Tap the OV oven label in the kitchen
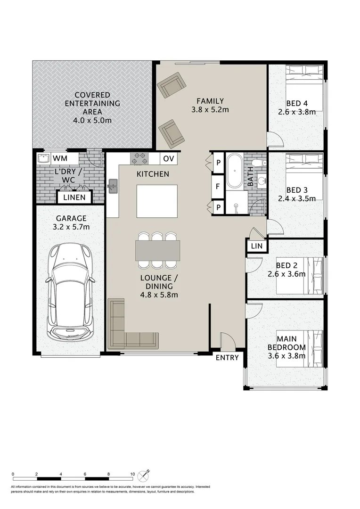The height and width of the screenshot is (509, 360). [169, 159]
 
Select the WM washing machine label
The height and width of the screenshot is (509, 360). [60, 158]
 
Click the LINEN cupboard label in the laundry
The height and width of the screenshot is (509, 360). [74, 197]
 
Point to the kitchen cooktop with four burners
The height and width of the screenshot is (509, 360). [139, 159]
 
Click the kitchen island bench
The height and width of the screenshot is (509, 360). [157, 201]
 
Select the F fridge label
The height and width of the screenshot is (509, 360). [218, 187]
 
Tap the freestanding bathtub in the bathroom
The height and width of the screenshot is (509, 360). [234, 171]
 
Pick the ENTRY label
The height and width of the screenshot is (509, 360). [227, 357]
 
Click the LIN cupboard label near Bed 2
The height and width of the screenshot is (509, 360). [257, 246]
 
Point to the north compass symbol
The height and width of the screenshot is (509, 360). [143, 476]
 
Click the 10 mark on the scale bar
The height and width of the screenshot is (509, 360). [132, 474]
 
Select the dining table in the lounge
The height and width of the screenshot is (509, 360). [158, 250]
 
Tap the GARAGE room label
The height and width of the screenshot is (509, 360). [71, 219]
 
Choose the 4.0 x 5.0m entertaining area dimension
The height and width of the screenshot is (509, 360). [92, 121]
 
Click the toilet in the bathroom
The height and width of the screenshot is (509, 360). [259, 163]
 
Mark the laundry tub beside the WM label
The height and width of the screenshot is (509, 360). [43, 158]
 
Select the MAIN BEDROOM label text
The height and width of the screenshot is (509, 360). [286, 343]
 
